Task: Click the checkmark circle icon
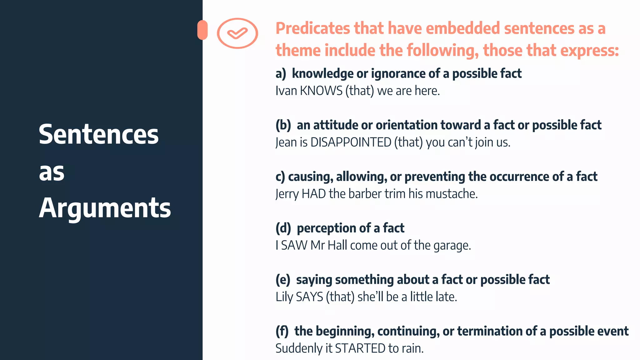pos(237,33)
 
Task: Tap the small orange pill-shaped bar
pos(202,30)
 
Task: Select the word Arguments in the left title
pos(105,208)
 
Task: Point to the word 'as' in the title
pos(52,172)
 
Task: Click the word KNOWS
pos(321,91)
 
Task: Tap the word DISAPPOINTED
pos(351,142)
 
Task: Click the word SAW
pos(294,246)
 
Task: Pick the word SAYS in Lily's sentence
pos(309,297)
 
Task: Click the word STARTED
pos(360,348)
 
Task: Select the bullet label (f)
pos(282,331)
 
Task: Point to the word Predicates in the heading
pos(313,28)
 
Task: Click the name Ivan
pos(286,91)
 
